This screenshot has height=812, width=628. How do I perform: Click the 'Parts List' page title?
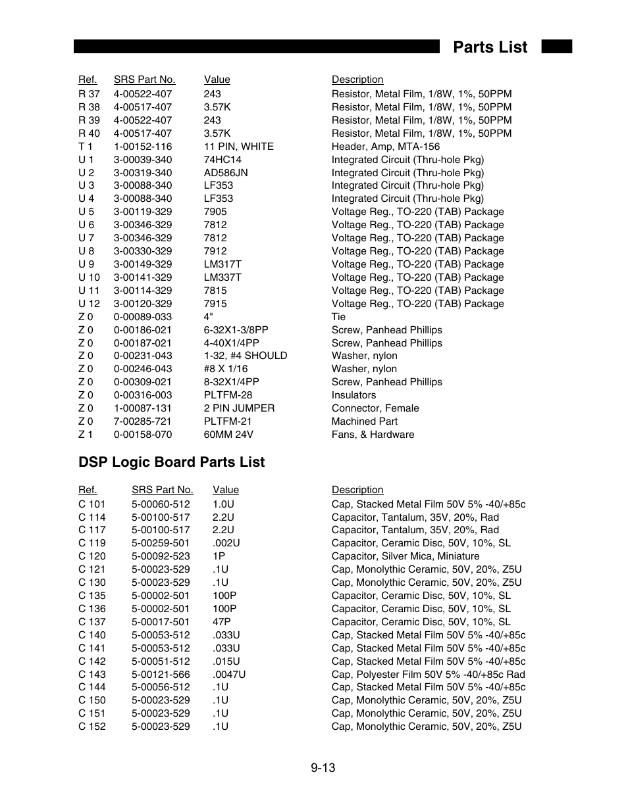[x=490, y=47]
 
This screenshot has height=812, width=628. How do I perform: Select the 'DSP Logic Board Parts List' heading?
[x=171, y=462]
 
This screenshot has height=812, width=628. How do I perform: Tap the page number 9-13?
[x=323, y=767]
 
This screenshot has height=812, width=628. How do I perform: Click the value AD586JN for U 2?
[x=226, y=172]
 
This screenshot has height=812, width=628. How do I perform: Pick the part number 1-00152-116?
[x=143, y=147]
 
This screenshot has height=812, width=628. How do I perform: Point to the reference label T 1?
[x=86, y=147]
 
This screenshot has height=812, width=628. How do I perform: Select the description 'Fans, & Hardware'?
[x=373, y=435]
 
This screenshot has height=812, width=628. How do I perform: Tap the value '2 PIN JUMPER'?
[x=239, y=408]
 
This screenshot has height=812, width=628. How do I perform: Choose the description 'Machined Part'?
[x=364, y=421]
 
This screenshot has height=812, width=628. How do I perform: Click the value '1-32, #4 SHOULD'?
[x=245, y=356]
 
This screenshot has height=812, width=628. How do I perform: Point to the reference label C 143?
[x=92, y=674]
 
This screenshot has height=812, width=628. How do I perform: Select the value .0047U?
[x=228, y=674]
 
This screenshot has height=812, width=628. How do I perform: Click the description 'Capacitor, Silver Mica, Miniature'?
[x=406, y=556]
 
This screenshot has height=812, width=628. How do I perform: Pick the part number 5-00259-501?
[x=161, y=543]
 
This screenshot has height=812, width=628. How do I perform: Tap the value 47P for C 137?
[x=221, y=622]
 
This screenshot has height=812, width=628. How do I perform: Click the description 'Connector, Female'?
[x=375, y=408]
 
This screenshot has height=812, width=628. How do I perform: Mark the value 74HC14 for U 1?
[x=222, y=160]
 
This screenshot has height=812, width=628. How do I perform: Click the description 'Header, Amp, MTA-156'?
[x=385, y=147]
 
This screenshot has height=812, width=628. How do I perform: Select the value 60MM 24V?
[x=228, y=435]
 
